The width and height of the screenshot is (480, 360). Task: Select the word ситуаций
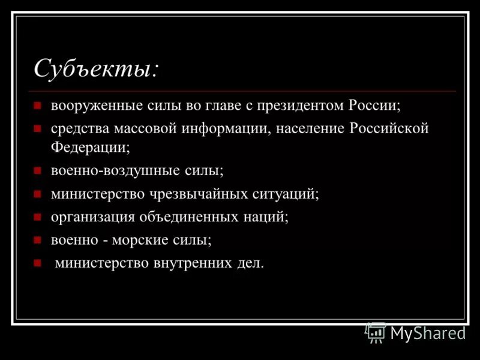coord(289,193)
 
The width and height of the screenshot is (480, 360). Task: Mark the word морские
coord(149,240)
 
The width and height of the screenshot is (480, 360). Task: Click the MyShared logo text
coord(428,333)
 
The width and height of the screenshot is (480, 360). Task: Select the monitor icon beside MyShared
coord(376,332)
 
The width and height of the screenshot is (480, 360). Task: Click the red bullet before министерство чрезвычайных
coord(37,194)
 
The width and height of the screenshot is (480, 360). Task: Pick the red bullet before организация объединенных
coord(37,217)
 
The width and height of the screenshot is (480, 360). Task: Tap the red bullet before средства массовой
coord(37,129)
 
